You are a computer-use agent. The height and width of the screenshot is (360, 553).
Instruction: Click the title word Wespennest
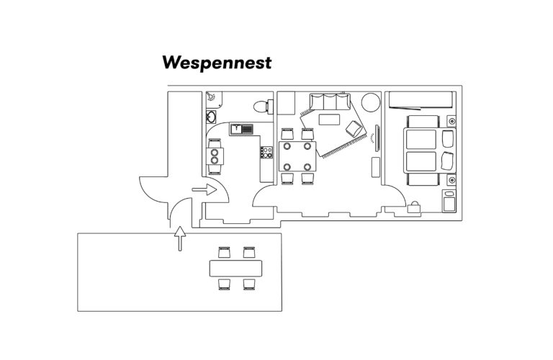217,63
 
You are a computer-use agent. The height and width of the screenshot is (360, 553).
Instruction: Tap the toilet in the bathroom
262,106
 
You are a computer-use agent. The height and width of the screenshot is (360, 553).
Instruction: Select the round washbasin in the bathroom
212,117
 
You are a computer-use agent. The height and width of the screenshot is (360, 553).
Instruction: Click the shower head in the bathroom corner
213,96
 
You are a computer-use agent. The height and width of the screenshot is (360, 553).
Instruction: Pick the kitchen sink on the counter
240,129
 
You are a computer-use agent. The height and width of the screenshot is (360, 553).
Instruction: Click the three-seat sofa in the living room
328,101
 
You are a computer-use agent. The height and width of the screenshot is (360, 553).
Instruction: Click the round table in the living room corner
370,102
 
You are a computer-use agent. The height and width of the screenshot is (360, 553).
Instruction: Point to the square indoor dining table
297,156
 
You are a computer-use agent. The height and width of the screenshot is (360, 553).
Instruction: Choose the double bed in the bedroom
423,150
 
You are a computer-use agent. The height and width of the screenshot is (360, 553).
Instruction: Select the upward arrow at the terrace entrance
179,238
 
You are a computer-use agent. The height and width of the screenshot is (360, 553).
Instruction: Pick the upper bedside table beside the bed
451,120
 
